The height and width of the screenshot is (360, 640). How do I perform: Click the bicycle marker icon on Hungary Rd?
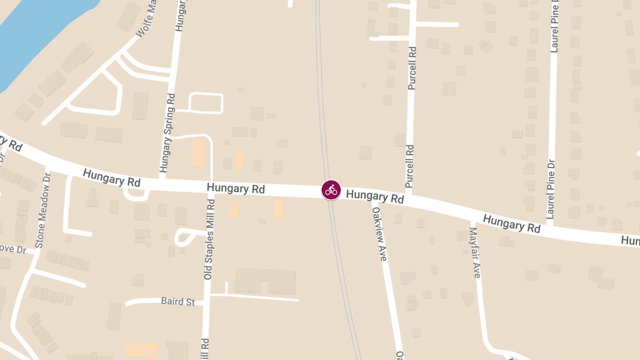tap(331, 189)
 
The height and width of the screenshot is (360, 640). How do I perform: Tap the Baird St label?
tap(178, 301)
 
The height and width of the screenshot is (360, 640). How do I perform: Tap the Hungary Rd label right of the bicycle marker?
tap(375, 196)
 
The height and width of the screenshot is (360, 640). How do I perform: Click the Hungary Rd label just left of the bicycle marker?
tap(236, 188)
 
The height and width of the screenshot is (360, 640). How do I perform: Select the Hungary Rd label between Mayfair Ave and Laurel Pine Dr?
tap(511, 224)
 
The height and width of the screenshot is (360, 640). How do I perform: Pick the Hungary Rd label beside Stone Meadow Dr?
tap(111, 178)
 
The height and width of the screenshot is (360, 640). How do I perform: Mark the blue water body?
tap(32, 37)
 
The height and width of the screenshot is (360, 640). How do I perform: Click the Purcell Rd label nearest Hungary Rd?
tap(410, 166)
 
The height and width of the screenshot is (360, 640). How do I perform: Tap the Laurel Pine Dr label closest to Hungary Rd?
tap(551, 190)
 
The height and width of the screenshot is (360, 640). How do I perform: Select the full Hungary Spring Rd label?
tap(167, 135)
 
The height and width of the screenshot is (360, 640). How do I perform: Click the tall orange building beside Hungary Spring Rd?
tap(198, 153)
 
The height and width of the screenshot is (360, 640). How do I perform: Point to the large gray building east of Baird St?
tap(265, 281)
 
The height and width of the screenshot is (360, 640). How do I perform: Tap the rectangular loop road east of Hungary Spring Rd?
tap(206, 103)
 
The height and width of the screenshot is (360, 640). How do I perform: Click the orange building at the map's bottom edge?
tap(142, 350)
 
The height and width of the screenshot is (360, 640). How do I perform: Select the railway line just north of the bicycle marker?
tap(323, 133)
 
